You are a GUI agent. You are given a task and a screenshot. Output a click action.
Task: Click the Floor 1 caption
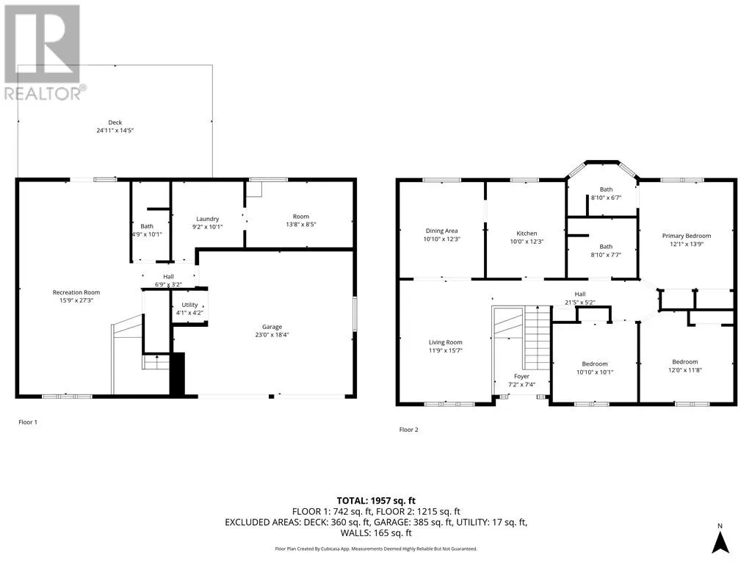click(28, 422)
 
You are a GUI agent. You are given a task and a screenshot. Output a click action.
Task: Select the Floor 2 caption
click(408, 430)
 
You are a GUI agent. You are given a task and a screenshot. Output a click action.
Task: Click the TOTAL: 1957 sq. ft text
click(376, 501)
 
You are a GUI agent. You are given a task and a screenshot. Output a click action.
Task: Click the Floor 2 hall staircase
click(537, 338)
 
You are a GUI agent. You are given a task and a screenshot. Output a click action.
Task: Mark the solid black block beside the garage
click(178, 374)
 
